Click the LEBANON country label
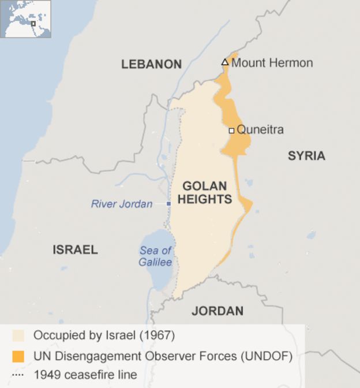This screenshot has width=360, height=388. pos(151,65)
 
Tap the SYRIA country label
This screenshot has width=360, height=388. pos(306,156)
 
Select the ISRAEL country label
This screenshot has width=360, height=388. pos(75,250)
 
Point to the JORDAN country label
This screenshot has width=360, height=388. pos(217,311)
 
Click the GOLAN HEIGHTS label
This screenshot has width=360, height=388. pos(204,193)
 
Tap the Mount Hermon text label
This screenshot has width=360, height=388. pos(272,63)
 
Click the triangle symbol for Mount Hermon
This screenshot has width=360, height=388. pos(225,62)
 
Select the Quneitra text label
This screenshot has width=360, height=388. pos(260,130)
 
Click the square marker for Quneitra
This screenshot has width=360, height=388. pos(231,130)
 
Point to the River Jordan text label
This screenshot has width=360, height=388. pos(122,204)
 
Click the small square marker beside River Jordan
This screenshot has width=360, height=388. pos(168,204)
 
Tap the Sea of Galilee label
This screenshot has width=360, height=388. pos(156,256)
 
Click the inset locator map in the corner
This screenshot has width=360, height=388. pos(26,19)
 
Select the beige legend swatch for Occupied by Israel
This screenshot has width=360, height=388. pos(18,335)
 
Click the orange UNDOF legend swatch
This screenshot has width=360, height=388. pos(18,356)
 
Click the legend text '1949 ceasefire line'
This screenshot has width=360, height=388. pos(85,375)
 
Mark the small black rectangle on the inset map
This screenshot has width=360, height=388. pos(33,24)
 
